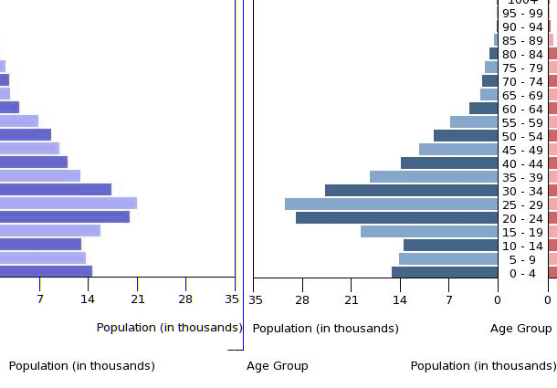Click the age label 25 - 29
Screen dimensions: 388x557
point(522,204)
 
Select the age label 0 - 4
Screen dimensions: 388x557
point(522,273)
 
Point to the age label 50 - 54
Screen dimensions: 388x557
point(522,136)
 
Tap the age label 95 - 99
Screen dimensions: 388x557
point(522,13)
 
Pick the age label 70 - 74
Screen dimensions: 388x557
point(522,81)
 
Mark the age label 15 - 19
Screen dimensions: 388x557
point(522,232)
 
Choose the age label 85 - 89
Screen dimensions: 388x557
point(522,40)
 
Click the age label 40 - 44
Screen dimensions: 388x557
point(522,163)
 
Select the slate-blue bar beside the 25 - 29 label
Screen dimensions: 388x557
point(391,204)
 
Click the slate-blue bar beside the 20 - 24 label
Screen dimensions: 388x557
point(396,218)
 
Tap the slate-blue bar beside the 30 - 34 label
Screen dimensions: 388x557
point(411,191)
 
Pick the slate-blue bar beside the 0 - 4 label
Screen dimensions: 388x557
point(445,272)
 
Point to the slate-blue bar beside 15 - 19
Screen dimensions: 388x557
point(429,232)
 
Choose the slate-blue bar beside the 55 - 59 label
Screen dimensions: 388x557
point(474,122)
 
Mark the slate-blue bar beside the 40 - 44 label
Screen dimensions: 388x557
point(449,163)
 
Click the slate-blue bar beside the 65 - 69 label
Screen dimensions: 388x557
point(489,95)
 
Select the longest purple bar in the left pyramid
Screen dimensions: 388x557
point(68,203)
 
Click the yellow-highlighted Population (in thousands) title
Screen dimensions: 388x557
point(169,328)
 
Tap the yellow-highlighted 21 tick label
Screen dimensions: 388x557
point(138,299)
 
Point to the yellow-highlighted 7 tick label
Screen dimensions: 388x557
point(40,299)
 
